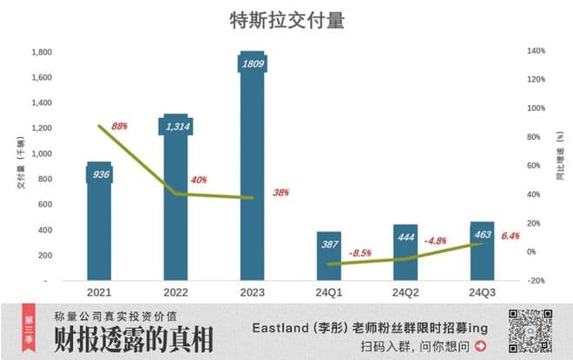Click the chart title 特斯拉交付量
click(286, 20)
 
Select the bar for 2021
click(99, 226)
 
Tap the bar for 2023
click(252, 173)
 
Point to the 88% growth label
click(120, 126)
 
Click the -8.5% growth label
click(359, 253)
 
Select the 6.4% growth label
click(510, 236)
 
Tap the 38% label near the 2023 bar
click(280, 193)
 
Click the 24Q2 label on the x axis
click(405, 292)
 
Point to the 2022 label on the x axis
click(176, 292)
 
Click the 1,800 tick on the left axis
click(38, 52)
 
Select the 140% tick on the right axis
click(536, 51)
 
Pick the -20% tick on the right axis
click(536, 280)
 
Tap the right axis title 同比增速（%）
click(561, 165)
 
